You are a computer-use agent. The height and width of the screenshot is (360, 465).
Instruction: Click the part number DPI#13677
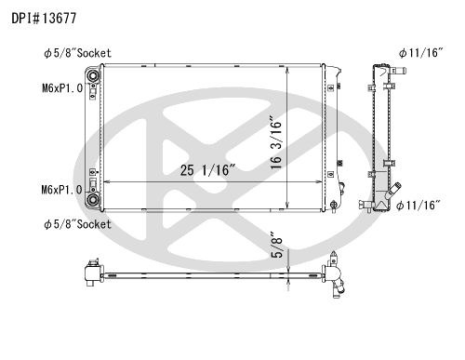pos(44,19)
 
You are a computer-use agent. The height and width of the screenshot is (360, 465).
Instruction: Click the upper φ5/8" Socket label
pos(77,53)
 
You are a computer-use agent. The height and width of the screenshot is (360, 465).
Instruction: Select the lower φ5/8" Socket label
pos(77,224)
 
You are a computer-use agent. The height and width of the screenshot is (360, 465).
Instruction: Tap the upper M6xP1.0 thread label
pos(62,88)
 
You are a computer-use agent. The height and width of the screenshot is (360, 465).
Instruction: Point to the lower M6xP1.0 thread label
pos(62,190)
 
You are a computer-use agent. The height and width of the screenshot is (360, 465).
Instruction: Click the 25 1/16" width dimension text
pos(207,170)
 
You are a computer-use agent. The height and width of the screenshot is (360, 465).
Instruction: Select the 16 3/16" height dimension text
pos(276,142)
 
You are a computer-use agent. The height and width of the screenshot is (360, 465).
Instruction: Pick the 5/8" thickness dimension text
pos(277,245)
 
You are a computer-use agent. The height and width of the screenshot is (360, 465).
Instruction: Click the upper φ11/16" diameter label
pos(421,53)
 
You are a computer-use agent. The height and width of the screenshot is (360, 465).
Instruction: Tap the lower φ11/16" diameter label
pos(418,205)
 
